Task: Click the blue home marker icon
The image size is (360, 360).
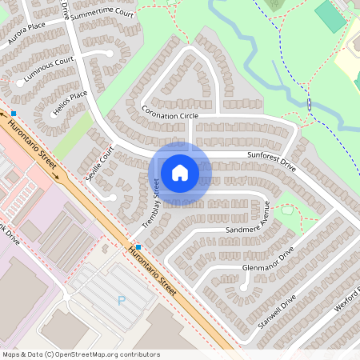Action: pos(180,171)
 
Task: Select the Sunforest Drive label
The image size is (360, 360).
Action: pos(272,162)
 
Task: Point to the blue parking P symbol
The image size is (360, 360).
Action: pos(122,301)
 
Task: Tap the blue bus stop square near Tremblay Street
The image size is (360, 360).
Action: pos(139,246)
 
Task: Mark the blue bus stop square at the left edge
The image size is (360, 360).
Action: pos(14,114)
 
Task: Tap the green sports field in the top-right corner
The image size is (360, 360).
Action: pos(328,16)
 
